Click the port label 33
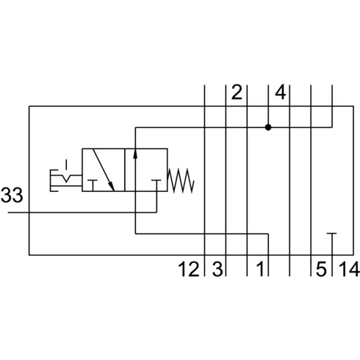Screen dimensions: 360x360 click(12, 196)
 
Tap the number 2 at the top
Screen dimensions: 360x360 click(236, 93)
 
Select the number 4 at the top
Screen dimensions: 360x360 click(280, 93)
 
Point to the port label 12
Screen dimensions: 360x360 click(189, 270)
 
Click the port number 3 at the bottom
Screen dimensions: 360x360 click(217, 270)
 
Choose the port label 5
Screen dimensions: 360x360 click(320, 270)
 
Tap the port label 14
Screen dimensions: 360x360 click(347, 270)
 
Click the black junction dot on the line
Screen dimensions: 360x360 click(269, 127)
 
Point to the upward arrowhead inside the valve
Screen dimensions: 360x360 click(136, 154)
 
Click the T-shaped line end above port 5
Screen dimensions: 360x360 click(332, 235)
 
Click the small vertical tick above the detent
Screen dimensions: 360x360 click(66, 163)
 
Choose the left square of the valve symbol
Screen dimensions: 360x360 click(104, 170)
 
